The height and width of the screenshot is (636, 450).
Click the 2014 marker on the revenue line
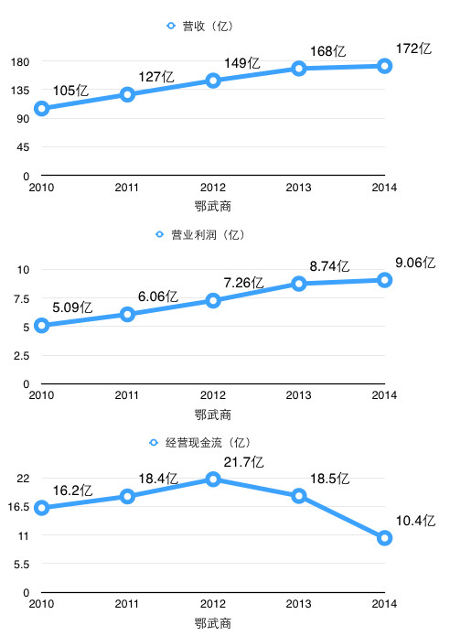pos(384,66)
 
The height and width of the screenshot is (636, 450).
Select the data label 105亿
pos(70,91)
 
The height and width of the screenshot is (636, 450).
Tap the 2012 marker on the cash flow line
pos(213,480)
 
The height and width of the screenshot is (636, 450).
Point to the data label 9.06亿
pos(415,263)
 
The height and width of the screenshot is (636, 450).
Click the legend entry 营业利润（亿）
pos(201,235)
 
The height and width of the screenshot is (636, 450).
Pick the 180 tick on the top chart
pos(20,62)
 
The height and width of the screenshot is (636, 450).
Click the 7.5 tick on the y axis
pos(21,299)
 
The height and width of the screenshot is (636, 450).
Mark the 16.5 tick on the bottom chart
pos(18,507)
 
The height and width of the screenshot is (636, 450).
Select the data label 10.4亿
pos(415,521)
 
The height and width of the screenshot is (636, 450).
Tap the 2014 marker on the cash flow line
pos(384,538)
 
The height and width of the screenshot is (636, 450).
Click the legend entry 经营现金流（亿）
pos(200,443)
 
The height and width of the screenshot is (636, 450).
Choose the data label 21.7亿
pos(243,462)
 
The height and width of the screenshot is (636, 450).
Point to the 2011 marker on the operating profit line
pos(127,315)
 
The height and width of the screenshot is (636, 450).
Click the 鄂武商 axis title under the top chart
pos(213,207)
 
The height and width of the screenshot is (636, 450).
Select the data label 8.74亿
pos(329,266)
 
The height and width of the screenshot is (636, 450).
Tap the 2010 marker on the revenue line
pos(41,108)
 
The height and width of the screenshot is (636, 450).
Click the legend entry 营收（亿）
pos(200,26)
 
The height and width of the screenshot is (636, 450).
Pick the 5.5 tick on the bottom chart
pos(21,565)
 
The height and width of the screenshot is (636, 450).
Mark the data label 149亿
pos(242,63)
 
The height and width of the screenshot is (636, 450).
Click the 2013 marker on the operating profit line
pos(299,283)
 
